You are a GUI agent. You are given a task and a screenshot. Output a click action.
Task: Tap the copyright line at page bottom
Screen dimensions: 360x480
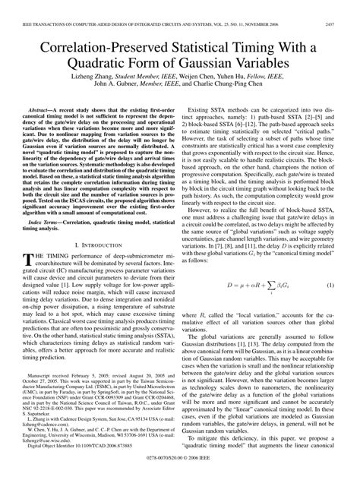(180, 469)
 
